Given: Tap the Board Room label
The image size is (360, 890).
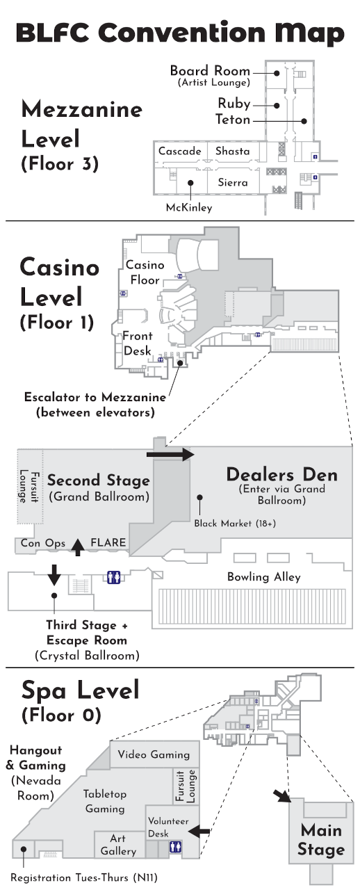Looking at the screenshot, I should pos(210,71).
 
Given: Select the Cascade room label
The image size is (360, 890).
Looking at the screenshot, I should pos(180,151).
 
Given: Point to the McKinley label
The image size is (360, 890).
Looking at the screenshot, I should pos(189,207).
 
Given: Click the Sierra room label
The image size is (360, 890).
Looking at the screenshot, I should pos(233,183).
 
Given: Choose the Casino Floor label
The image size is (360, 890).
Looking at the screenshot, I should pos(145,272).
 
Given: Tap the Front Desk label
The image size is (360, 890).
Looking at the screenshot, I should pos(138,344).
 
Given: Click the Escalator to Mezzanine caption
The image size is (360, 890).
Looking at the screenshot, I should pos(95,405).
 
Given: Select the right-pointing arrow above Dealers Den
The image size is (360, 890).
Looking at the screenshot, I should pos(170,455).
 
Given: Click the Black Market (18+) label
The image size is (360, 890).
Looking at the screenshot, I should pos(235,523).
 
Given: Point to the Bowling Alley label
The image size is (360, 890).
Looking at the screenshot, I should pos(264,577).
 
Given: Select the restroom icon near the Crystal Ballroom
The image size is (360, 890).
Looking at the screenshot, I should pos(113,576).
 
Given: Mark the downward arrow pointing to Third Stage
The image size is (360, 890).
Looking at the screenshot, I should pos(53,576).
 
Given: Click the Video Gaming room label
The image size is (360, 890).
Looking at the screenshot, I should pos(154,754).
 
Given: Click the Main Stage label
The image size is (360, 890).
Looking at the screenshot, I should pos(321,839).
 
